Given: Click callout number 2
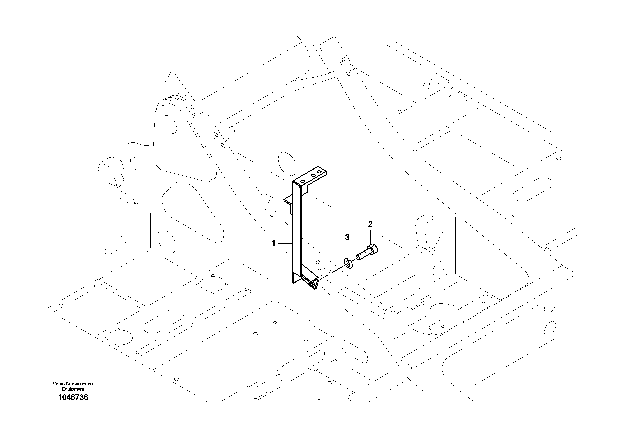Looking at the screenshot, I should click(x=370, y=224).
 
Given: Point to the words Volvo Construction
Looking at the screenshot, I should click(x=73, y=384).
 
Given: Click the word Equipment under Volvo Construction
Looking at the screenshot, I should click(x=73, y=389).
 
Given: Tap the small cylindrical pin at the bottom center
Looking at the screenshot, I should click(x=330, y=381).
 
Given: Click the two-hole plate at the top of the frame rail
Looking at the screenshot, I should click(x=347, y=66).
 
